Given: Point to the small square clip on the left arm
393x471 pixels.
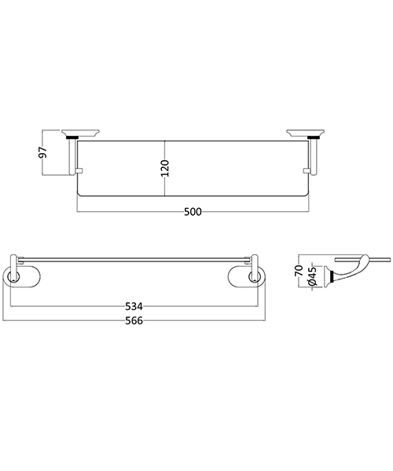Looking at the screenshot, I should pos(79,171).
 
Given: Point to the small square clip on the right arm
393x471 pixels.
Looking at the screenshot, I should pos(306,171).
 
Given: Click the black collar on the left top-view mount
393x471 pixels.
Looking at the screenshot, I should pos(75,139).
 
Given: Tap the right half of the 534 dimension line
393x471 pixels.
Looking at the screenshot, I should pos(204,306).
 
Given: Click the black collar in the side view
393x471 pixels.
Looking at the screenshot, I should pos(337,275).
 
